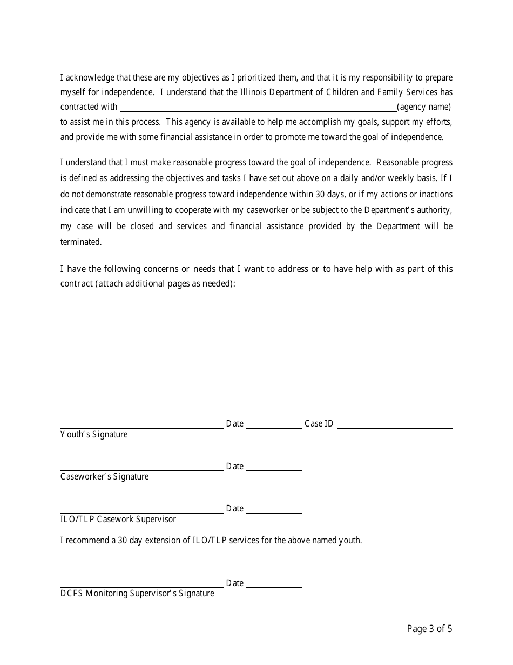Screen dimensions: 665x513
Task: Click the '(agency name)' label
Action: [424, 107]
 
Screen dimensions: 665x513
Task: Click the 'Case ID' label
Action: [319, 424]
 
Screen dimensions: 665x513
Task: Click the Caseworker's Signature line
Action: [141, 468]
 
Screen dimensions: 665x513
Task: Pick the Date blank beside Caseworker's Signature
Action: [274, 468]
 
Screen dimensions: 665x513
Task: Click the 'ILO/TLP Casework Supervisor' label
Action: [118, 520]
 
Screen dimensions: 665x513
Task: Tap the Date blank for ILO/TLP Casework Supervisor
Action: [274, 510]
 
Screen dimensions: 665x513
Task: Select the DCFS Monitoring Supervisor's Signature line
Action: [141, 584]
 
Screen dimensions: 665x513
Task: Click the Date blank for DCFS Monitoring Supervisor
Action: [274, 584]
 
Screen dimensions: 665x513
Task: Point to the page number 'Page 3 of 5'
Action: [429, 629]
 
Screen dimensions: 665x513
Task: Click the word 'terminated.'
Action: [81, 242]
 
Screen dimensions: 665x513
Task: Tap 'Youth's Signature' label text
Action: [94, 435]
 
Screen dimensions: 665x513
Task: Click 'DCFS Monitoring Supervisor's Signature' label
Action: [137, 594]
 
